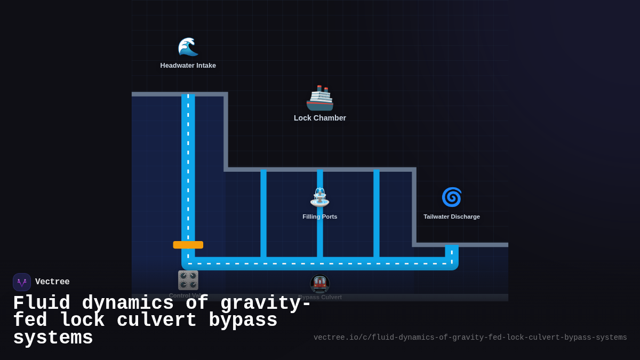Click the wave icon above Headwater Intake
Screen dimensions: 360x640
click(x=188, y=47)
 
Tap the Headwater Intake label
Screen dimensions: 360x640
click(x=188, y=66)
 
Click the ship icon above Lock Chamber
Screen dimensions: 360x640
click(x=320, y=98)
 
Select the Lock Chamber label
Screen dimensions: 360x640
click(x=320, y=118)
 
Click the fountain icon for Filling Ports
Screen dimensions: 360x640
click(x=320, y=197)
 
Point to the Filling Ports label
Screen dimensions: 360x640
click(x=320, y=217)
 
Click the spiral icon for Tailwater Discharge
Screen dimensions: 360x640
click(x=451, y=197)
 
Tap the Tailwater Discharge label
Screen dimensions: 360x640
click(x=451, y=217)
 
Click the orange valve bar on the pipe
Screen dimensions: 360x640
click(x=188, y=245)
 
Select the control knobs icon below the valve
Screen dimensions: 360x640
click(x=188, y=280)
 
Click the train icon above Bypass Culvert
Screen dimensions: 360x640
click(x=320, y=284)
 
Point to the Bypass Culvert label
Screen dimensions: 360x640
click(x=320, y=297)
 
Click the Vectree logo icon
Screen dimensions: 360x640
click(x=22, y=282)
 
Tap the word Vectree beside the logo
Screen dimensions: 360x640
click(x=52, y=282)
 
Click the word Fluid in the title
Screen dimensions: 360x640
click(x=41, y=303)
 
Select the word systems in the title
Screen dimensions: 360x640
click(x=53, y=338)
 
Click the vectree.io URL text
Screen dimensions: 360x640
click(x=470, y=338)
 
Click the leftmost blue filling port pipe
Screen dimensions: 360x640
click(x=263, y=213)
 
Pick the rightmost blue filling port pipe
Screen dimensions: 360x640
click(x=377, y=213)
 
